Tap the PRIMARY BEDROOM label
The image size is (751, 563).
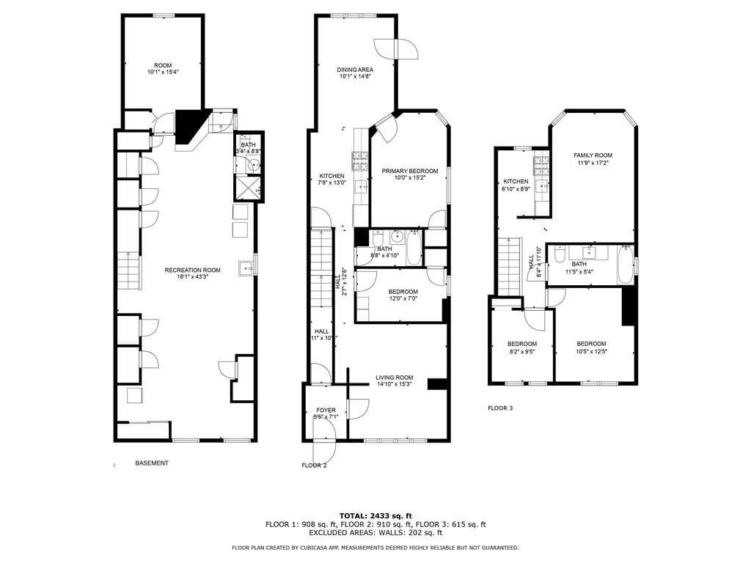point(409,171)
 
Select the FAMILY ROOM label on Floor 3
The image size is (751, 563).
point(592,155)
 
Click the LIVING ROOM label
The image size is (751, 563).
point(394,378)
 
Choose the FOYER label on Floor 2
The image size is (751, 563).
point(326,410)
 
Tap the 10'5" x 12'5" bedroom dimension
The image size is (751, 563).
point(591,351)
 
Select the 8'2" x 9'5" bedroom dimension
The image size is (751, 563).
point(521,351)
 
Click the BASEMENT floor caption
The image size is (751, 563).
point(152,463)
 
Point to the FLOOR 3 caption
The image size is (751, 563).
point(500,408)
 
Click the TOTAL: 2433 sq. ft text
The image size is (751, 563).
point(375,515)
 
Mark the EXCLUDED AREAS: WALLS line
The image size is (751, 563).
point(375,533)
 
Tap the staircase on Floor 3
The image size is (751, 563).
point(509,265)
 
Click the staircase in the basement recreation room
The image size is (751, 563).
point(128,271)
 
